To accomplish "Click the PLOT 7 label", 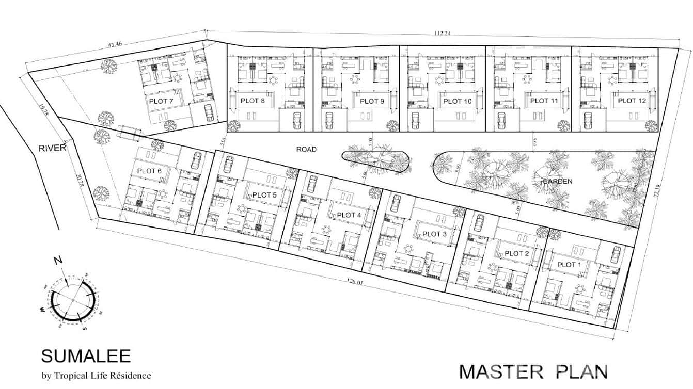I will tap(161, 101).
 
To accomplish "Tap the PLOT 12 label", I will tap(632, 101).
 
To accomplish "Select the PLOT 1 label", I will tap(569, 265).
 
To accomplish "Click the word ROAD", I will tap(306, 149).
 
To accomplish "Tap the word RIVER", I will tap(52, 149).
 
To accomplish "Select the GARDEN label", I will tap(556, 182).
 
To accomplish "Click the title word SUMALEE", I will tap(86, 356).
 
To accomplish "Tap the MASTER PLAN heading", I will tap(533, 371).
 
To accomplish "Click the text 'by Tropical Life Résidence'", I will tap(96, 376).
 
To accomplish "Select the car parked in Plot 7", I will tap(209, 112).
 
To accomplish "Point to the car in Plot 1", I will tap(616, 254).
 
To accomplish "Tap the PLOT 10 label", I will tap(457, 101).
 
